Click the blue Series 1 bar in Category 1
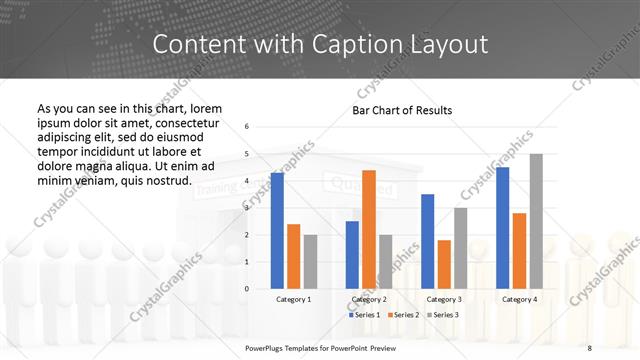(277, 231)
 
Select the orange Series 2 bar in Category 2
(369, 229)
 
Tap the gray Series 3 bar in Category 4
(536, 221)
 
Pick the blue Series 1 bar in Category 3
(428, 241)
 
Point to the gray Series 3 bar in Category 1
(310, 261)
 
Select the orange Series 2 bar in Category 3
(444, 264)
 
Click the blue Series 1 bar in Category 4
(503, 228)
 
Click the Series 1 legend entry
(364, 315)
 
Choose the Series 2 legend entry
(404, 315)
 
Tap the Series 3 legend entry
(444, 315)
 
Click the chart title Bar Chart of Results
(402, 110)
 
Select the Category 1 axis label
(293, 299)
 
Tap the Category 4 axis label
(519, 299)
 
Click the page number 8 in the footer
(590, 346)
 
